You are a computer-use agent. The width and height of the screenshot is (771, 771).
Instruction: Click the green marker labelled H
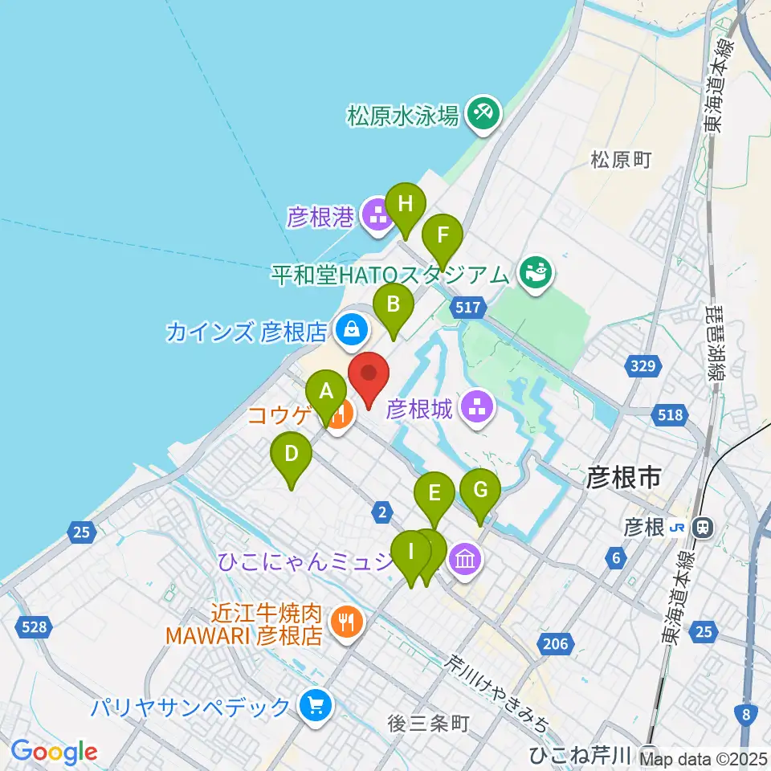pyautogui.click(x=406, y=205)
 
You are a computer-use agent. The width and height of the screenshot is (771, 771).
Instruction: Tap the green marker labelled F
pyautogui.click(x=442, y=236)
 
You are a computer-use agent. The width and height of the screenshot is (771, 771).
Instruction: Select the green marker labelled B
pyautogui.click(x=394, y=304)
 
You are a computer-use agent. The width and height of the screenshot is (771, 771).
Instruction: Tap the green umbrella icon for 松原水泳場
pyautogui.click(x=483, y=112)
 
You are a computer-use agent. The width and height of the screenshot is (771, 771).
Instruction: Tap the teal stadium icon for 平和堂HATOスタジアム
pyautogui.click(x=536, y=273)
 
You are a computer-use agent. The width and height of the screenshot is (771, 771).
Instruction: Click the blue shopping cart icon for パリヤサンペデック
pyautogui.click(x=313, y=706)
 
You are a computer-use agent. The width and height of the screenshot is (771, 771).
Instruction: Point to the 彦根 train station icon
pyautogui.click(x=702, y=527)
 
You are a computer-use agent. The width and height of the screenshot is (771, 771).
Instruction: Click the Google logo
pyautogui.click(x=54, y=753)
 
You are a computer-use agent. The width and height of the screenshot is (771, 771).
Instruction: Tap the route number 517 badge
pyautogui.click(x=468, y=306)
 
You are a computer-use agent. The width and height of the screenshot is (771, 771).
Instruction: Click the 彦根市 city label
pyautogui.click(x=623, y=479)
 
